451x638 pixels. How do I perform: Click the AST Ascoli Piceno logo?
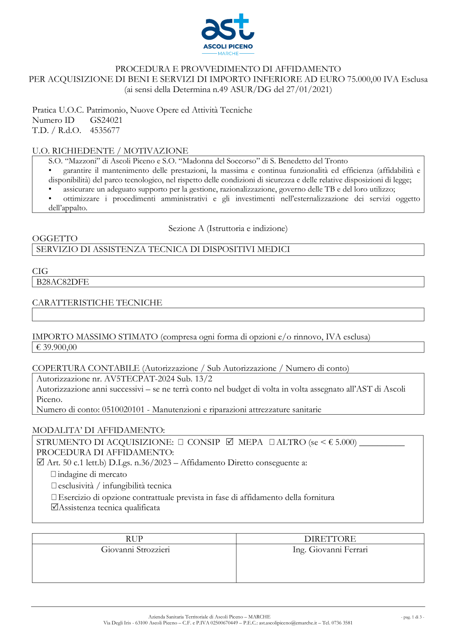(228, 34)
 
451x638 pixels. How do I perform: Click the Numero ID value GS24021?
(106, 120)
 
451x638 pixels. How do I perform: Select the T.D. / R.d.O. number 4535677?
(105, 130)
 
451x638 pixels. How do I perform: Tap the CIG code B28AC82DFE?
(63, 282)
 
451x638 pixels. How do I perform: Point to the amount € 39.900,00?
(56, 347)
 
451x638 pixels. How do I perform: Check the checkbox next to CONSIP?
(181, 442)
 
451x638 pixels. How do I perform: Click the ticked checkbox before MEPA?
(230, 442)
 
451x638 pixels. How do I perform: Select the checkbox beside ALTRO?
(272, 442)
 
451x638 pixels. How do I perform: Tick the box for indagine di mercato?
(54, 474)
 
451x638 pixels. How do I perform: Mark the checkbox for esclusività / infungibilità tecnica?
(54, 485)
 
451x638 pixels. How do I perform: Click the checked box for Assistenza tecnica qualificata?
(55, 507)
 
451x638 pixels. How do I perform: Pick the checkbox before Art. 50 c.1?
(40, 462)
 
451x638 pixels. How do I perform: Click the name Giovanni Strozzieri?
(135, 550)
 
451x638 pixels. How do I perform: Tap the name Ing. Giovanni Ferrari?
(330, 550)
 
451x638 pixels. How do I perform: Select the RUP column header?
(134, 539)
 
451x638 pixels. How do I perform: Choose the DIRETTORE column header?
(330, 539)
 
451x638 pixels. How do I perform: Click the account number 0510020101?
(123, 410)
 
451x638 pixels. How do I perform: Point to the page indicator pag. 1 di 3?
(412, 617)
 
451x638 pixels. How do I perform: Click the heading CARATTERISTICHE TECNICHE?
(97, 303)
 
